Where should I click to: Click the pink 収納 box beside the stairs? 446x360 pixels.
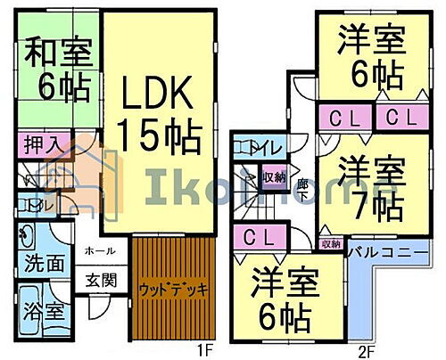(275, 176)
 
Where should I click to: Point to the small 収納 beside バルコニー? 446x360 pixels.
(330, 242)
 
